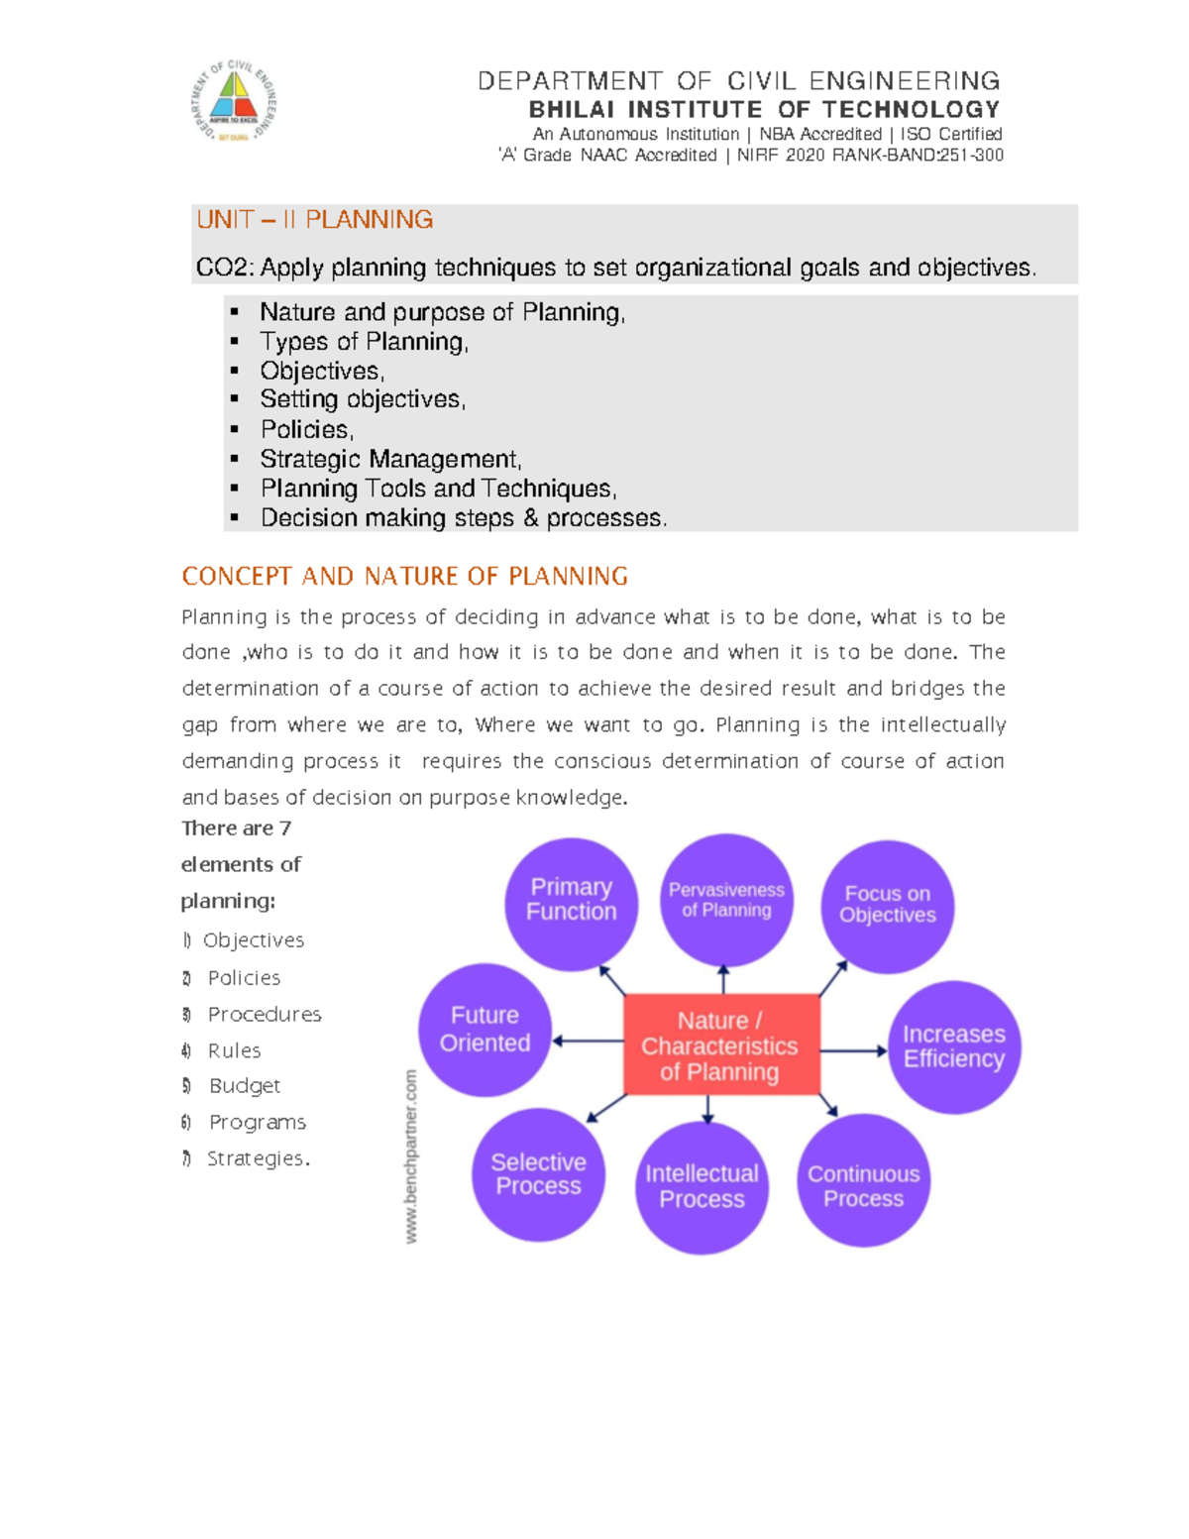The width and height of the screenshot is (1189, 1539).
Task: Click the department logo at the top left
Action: [235, 100]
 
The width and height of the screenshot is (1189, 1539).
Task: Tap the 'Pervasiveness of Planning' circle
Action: [726, 900]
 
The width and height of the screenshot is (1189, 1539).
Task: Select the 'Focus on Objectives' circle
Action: [887, 906]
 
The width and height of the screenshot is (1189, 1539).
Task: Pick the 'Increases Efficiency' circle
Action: [953, 1046]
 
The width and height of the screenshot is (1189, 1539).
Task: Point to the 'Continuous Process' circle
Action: [863, 1181]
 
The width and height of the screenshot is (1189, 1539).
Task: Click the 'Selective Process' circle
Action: [538, 1174]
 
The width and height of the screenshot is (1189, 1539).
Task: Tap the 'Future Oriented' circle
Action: [485, 1030]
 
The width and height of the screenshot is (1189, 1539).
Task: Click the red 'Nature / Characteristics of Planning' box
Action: [721, 1044]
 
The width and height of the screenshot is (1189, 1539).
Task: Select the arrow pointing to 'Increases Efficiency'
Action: [854, 1050]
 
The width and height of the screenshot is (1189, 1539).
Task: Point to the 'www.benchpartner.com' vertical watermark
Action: [411, 1155]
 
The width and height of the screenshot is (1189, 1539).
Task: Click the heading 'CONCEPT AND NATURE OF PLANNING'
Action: [404, 576]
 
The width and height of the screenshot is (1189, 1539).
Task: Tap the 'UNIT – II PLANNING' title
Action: [314, 219]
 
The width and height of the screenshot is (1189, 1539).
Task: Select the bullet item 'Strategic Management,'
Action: [390, 459]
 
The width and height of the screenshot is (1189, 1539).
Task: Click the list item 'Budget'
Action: [244, 1086]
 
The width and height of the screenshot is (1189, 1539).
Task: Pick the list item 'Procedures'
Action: [264, 1014]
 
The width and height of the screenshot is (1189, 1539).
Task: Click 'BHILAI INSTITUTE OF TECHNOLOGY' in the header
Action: [764, 109]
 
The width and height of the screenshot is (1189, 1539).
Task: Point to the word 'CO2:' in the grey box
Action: [225, 268]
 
